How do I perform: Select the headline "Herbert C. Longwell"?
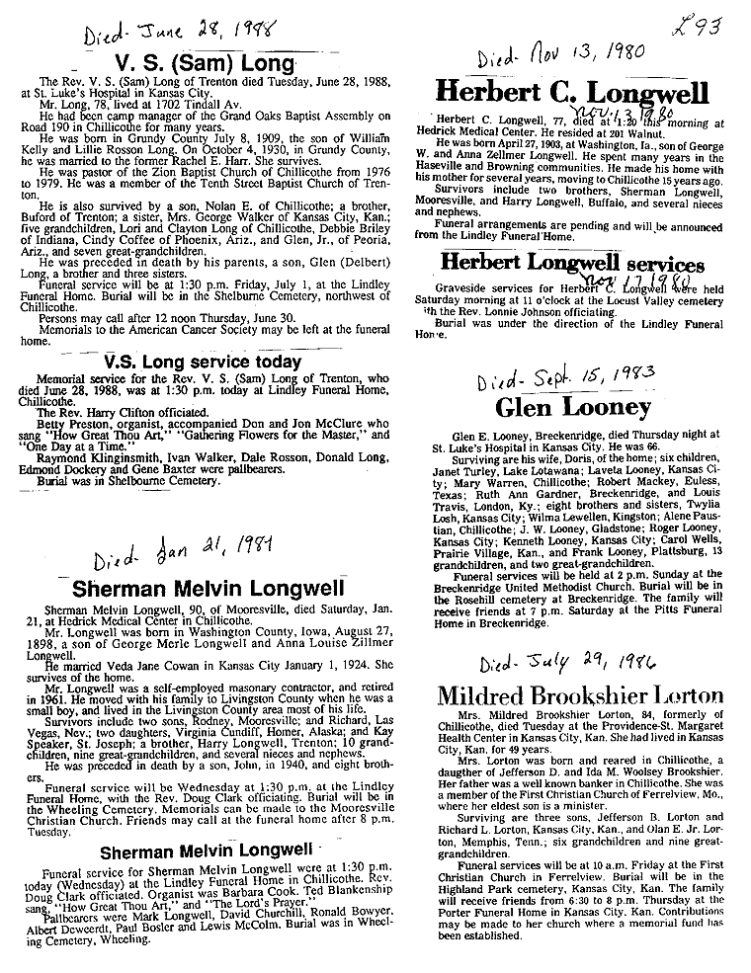(572, 94)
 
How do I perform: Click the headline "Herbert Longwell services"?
(572, 265)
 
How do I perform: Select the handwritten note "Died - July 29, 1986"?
(552, 662)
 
